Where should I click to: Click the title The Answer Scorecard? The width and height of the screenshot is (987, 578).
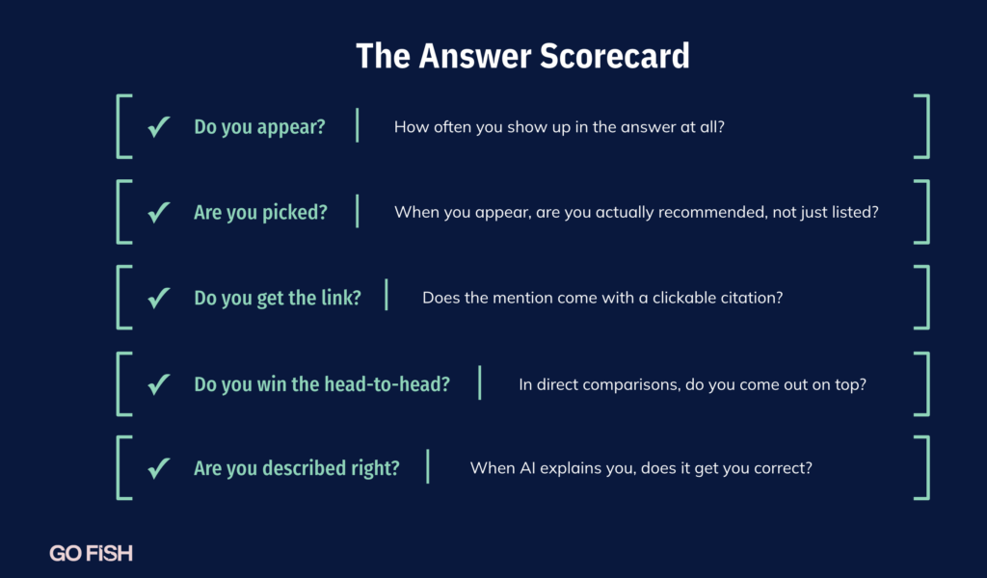click(522, 56)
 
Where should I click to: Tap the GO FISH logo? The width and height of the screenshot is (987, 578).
click(92, 554)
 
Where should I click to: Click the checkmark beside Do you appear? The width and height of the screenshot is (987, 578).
click(159, 126)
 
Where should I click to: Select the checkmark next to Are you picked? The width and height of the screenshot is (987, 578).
click(159, 212)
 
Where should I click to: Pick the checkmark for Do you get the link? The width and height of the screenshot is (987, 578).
click(159, 298)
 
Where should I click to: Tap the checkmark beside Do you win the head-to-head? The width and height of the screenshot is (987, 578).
click(159, 383)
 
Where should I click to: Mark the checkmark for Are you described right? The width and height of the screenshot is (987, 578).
click(159, 468)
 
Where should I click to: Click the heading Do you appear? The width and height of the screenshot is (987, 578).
click(259, 127)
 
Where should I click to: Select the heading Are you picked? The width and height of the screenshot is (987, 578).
click(260, 213)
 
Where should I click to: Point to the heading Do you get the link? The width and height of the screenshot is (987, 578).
click(278, 298)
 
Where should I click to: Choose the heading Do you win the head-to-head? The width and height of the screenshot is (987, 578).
click(322, 383)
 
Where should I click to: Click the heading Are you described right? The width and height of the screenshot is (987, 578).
click(297, 468)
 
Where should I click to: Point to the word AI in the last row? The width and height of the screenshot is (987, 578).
click(527, 468)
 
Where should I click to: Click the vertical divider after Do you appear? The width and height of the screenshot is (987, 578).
click(358, 125)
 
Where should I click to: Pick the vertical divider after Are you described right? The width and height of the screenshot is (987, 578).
click(428, 466)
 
